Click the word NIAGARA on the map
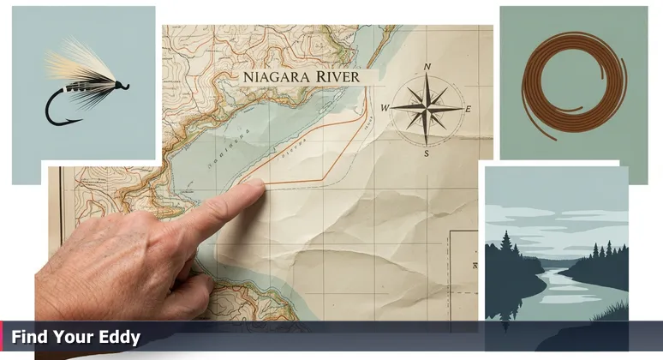(272, 75)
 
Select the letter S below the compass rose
(426, 153)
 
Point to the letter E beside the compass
(469, 109)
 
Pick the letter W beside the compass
(385, 108)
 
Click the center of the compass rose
(426, 108)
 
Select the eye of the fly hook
(126, 85)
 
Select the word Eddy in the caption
(120, 338)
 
